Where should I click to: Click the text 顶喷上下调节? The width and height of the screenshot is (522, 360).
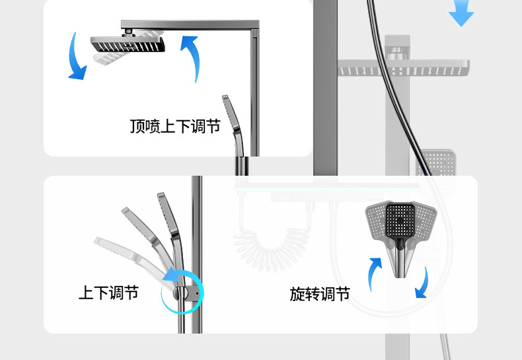click(x=175, y=126)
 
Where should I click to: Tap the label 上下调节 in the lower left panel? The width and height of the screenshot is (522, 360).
click(x=109, y=293)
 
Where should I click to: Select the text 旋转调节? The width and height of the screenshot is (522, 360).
click(x=320, y=294)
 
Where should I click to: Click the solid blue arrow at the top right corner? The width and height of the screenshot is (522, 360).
click(x=461, y=14)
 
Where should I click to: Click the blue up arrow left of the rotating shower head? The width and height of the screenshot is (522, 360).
click(x=375, y=271)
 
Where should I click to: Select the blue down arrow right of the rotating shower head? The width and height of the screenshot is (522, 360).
click(x=422, y=283)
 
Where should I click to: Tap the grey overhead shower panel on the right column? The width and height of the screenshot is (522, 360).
click(x=403, y=67)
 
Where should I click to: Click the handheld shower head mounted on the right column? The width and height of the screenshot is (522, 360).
click(x=437, y=162)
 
